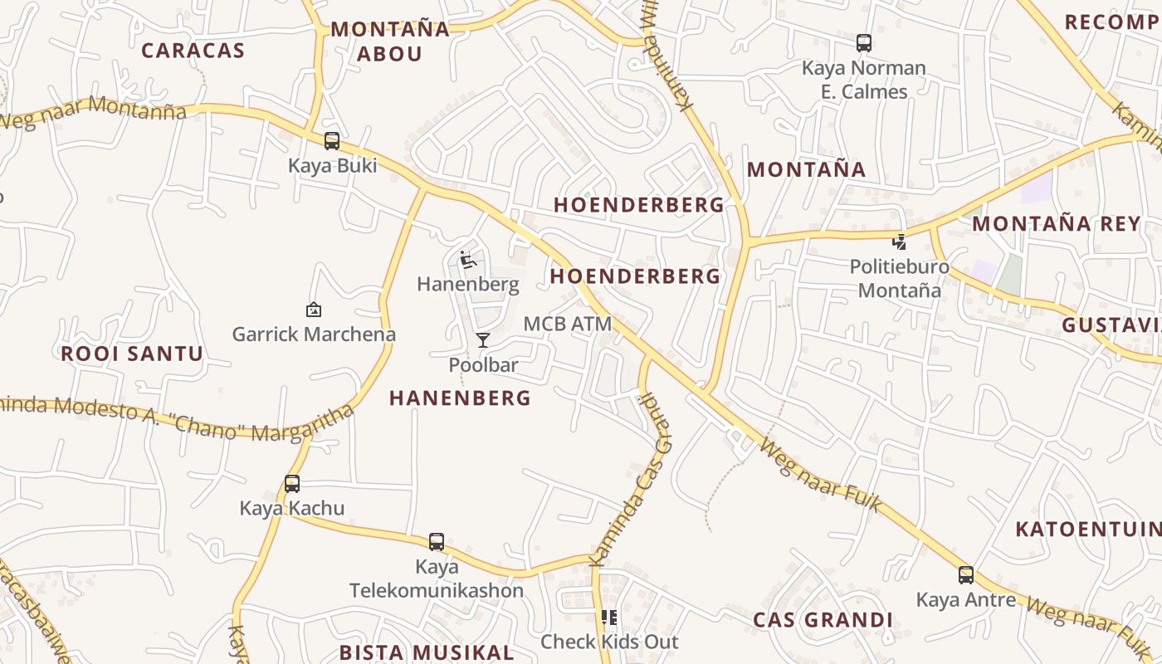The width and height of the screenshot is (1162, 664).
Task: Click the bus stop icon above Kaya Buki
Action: pos(332,141)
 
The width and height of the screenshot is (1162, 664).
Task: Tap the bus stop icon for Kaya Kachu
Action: pos(292,483)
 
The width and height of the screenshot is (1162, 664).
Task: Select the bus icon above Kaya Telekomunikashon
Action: pos(437,542)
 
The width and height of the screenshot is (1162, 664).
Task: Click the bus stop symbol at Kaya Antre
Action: pos(965,574)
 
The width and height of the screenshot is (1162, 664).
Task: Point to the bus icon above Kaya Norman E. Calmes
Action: pos(864,43)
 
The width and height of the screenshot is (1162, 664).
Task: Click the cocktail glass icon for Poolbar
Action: pos(483,340)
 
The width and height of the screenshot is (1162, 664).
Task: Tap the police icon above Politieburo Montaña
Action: pos(899,242)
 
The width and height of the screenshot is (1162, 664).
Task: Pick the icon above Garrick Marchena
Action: pos(314,310)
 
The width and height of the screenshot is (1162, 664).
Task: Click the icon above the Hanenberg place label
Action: pos(467,261)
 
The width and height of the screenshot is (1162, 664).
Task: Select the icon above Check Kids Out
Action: pos(609,618)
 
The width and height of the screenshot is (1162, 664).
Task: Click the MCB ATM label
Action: pos(568,324)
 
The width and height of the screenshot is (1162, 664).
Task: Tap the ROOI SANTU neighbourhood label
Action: pos(132,354)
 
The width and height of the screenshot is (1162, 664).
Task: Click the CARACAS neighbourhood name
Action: pos(193,51)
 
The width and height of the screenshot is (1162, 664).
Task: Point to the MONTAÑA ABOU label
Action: pos(390,41)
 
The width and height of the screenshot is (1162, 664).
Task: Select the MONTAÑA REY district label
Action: pos(1057,223)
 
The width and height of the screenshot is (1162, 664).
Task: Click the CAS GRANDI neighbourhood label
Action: pos(823,620)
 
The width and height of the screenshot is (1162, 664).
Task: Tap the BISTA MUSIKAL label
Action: pos(427,652)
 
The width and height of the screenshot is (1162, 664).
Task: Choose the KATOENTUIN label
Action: pos(1087,529)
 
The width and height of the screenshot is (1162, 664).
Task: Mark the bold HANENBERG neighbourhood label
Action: pos(460,398)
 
